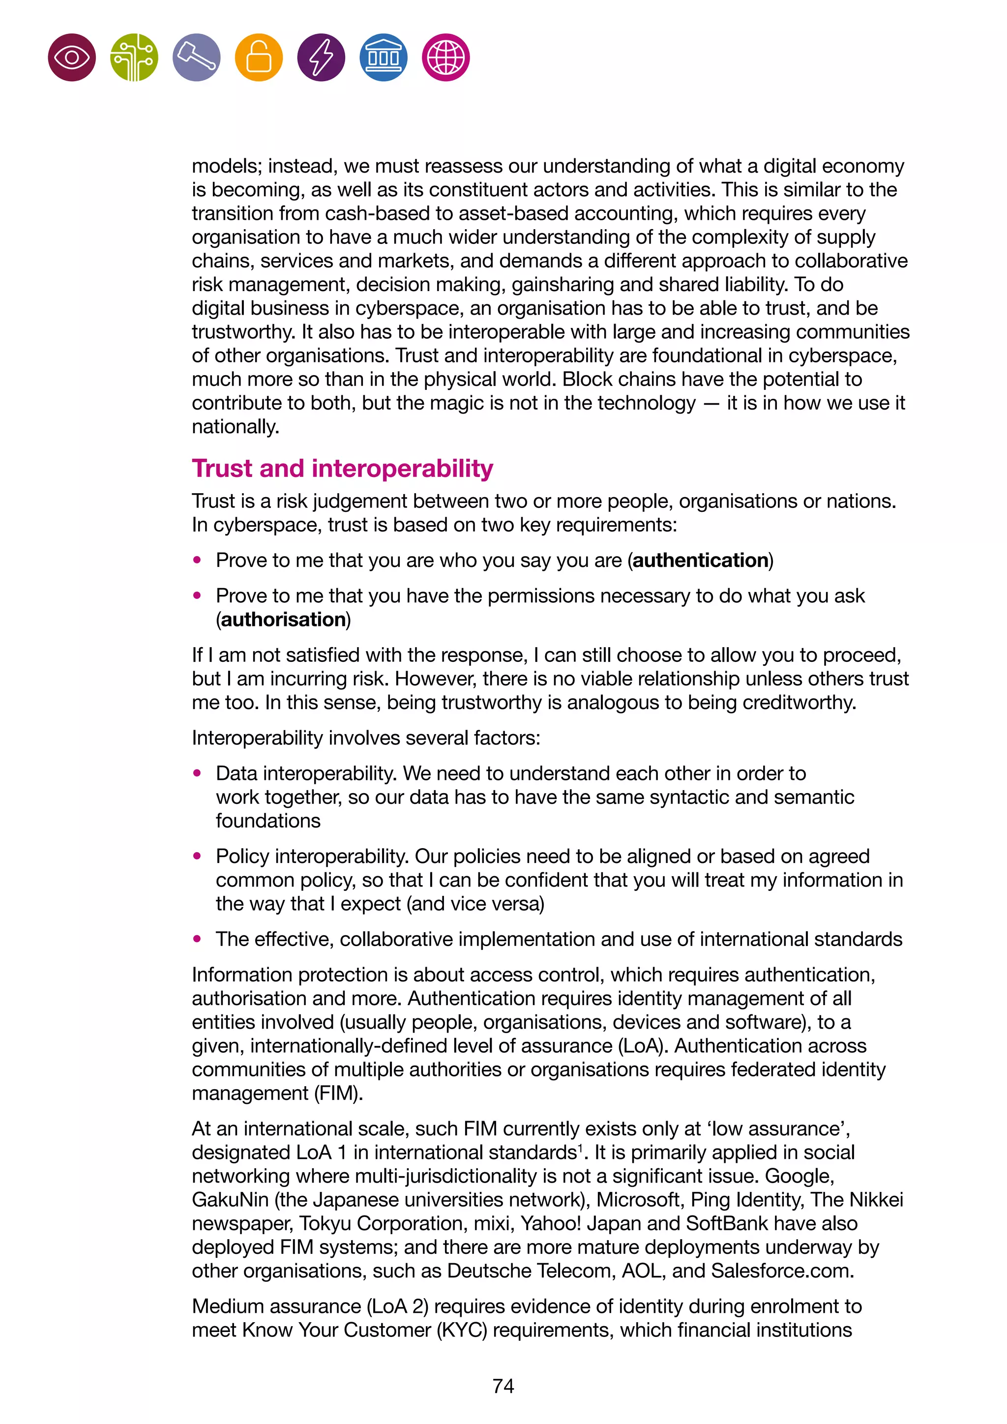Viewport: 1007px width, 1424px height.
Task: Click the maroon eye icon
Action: pyautogui.click(x=72, y=58)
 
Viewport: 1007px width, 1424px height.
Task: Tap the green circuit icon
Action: pyautogui.click(x=134, y=58)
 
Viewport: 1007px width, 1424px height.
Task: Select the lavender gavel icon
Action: pyautogui.click(x=197, y=58)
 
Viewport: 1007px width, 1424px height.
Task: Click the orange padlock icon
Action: pyautogui.click(x=259, y=58)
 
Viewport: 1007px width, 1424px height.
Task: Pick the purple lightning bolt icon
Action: pyautogui.click(x=321, y=58)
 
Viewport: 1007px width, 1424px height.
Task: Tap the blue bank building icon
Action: pyautogui.click(x=383, y=58)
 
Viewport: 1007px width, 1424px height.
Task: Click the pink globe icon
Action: pyautogui.click(x=446, y=58)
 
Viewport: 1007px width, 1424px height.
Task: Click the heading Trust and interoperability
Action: pyautogui.click(x=342, y=468)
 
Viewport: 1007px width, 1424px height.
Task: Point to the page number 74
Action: pyautogui.click(x=503, y=1386)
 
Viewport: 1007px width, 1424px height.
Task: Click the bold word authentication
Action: pyautogui.click(x=700, y=560)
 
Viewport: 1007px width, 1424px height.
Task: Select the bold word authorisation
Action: pyautogui.click(x=283, y=619)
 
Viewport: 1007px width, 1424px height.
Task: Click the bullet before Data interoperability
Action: pyautogui.click(x=197, y=773)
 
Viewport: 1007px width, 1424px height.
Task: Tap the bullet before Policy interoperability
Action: pyautogui.click(x=197, y=856)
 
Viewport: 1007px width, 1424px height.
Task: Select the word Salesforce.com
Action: pyautogui.click(x=782, y=1270)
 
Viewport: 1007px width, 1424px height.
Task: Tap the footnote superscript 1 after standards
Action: pyautogui.click(x=580, y=1147)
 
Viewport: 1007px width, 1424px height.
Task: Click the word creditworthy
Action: pyautogui.click(x=799, y=702)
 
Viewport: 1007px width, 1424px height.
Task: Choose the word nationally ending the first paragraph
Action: pyautogui.click(x=235, y=427)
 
